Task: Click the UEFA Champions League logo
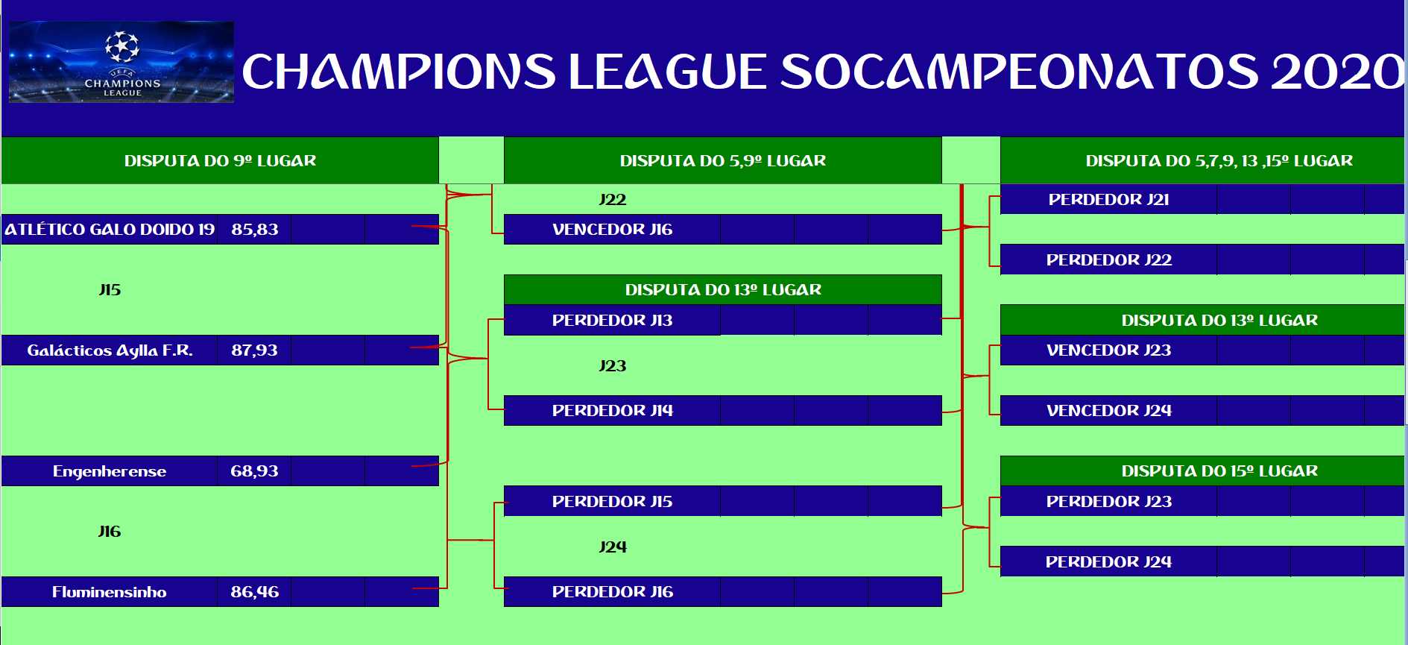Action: tap(121, 62)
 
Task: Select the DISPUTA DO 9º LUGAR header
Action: tap(220, 160)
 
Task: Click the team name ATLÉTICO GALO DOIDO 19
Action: tap(110, 230)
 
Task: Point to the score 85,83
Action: tap(254, 230)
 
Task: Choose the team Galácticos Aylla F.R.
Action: tap(110, 350)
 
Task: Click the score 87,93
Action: tap(254, 350)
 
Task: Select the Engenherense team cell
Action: tap(110, 471)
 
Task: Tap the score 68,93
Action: tap(254, 471)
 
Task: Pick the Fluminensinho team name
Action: tap(110, 592)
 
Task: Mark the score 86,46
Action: tap(254, 592)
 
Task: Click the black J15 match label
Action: tap(110, 290)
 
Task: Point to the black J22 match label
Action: tap(612, 200)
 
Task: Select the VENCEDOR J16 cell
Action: tap(612, 230)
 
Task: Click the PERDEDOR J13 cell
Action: tap(612, 320)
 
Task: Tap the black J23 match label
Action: tap(612, 366)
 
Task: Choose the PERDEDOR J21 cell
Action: tap(1108, 199)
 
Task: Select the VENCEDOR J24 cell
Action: tap(1108, 410)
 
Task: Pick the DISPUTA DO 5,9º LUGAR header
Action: tap(723, 160)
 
